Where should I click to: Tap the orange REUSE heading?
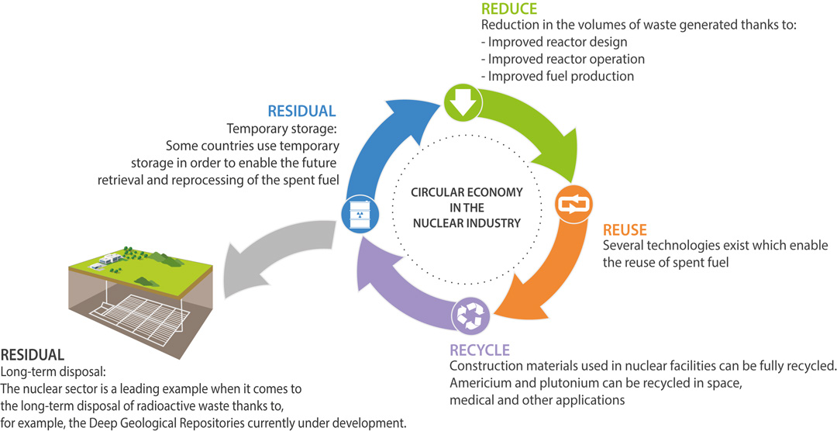(625, 230)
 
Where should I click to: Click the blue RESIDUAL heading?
(301, 111)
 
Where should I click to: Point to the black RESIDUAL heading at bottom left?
(33, 355)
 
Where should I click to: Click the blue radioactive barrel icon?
(357, 212)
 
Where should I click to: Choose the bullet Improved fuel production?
(557, 76)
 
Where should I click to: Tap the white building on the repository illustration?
(104, 264)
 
